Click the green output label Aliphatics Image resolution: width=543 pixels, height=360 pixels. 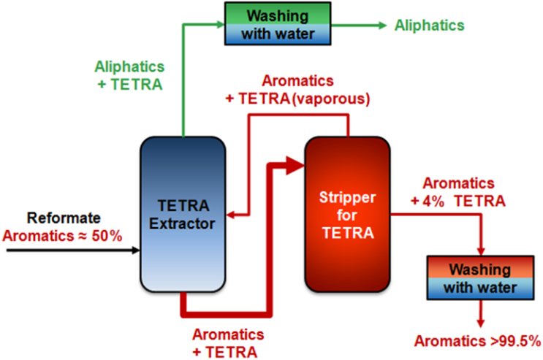(x=430, y=25)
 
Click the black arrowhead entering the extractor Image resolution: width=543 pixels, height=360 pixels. (x=135, y=250)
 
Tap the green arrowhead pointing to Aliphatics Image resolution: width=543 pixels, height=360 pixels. (x=382, y=25)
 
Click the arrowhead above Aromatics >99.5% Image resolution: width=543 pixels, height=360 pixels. (x=481, y=322)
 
